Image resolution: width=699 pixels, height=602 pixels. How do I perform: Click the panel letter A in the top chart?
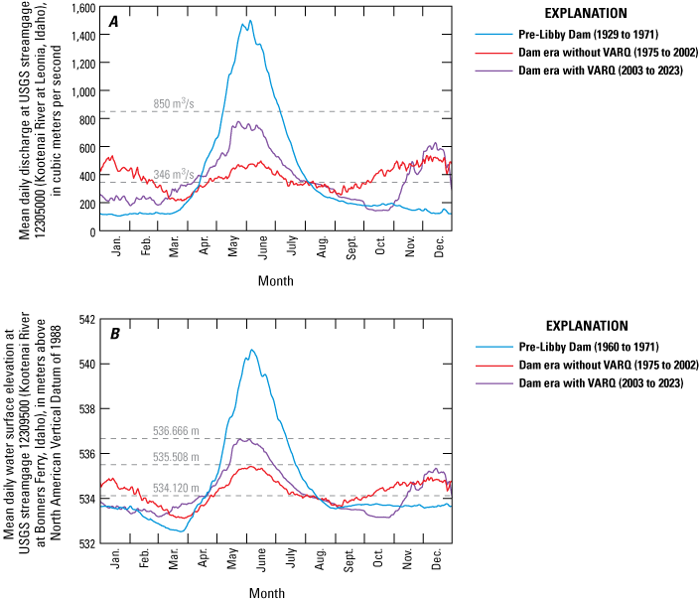(114, 22)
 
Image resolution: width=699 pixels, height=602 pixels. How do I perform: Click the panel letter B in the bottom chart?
(114, 334)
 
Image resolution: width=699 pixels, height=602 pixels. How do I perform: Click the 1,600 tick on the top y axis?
(81, 8)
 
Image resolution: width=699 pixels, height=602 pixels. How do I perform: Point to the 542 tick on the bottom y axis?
(87, 319)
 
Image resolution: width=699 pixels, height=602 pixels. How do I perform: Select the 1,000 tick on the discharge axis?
(81, 91)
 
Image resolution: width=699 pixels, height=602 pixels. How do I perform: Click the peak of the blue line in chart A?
(249, 21)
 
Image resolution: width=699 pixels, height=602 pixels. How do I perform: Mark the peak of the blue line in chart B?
(252, 350)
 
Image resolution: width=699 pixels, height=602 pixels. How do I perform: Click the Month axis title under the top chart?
(276, 281)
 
